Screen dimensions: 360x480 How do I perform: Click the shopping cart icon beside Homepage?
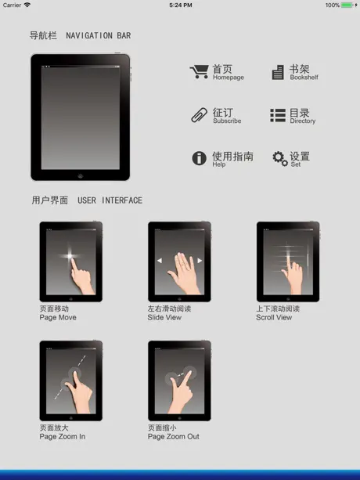[199, 72]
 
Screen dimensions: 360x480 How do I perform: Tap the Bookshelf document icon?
[278, 73]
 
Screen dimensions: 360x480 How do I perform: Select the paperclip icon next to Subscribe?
[199, 115]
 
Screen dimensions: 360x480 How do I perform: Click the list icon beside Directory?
[278, 115]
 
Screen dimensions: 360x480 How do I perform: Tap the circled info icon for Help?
[199, 158]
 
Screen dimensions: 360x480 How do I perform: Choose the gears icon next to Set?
[280, 158]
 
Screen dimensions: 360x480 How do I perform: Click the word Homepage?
[229, 78]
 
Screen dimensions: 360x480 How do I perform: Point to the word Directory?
[303, 121]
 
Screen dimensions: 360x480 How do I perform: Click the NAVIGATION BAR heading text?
[99, 35]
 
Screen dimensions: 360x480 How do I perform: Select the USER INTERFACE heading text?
[110, 200]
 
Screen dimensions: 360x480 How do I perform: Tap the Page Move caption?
[58, 317]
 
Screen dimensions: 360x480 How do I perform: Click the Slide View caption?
[164, 317]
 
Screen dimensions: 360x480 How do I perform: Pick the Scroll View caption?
[274, 317]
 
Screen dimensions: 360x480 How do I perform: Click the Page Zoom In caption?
[63, 436]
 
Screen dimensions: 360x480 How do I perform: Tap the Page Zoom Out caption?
[174, 436]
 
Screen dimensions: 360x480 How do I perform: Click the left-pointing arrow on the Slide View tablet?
[160, 261]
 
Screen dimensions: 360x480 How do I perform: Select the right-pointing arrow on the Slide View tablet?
[200, 261]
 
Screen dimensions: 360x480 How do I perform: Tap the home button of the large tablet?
[81, 175]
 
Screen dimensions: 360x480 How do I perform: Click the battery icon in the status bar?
[347, 5]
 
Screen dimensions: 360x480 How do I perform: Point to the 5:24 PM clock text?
[181, 5]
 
